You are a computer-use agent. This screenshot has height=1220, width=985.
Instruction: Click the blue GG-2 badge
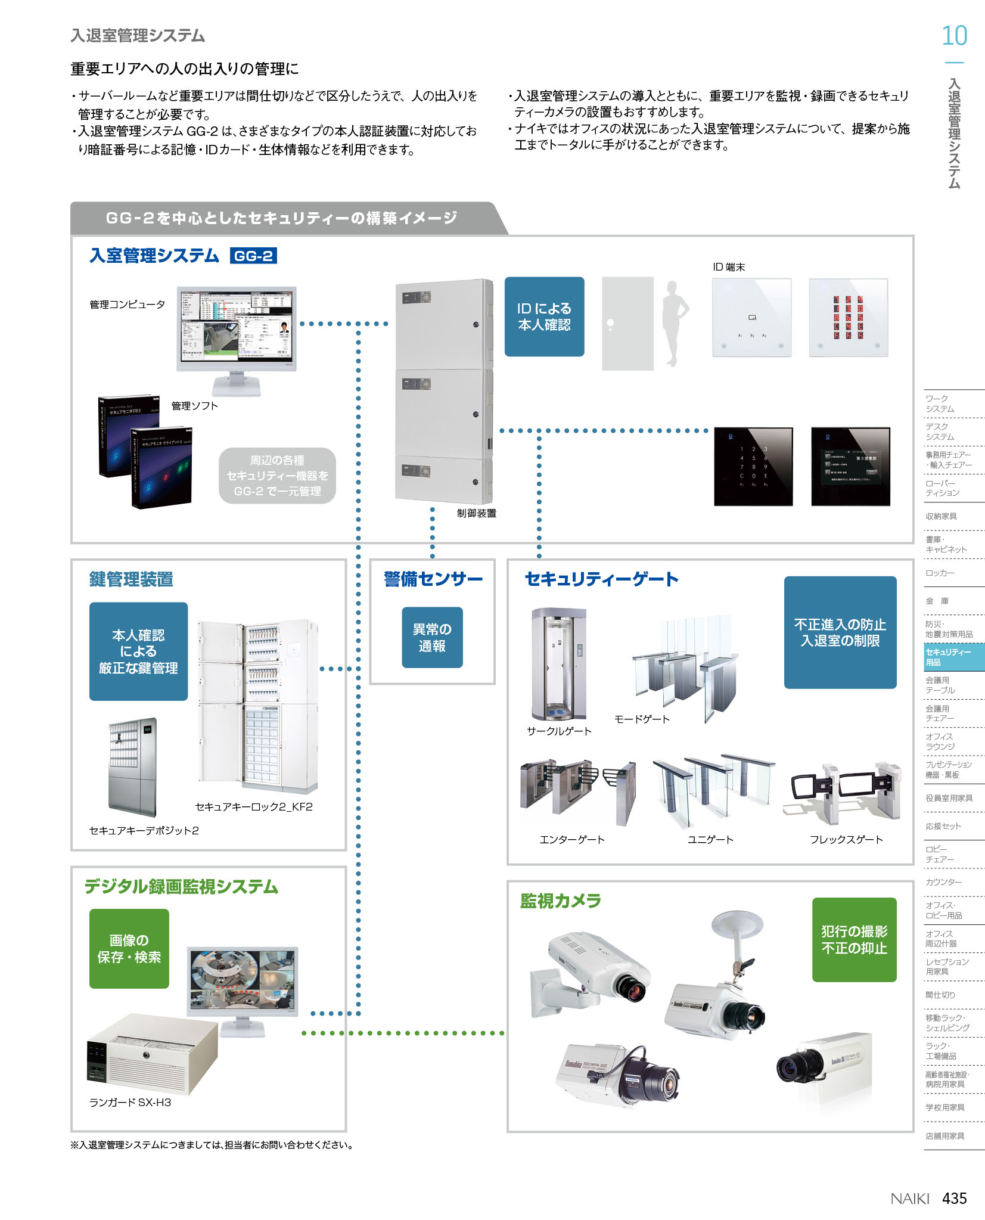pyautogui.click(x=253, y=256)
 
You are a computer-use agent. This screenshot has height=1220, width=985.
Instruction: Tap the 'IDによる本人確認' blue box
pyautogui.click(x=544, y=316)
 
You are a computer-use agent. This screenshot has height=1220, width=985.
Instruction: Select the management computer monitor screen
pyautogui.click(x=237, y=326)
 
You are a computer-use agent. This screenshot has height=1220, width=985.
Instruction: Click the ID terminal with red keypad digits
pyautogui.click(x=848, y=318)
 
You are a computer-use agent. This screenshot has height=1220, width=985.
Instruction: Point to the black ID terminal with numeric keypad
pyautogui.click(x=753, y=466)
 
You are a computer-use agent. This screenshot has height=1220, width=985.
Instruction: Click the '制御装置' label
pyautogui.click(x=476, y=513)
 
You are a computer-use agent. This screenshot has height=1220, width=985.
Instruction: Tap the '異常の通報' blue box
pyautogui.click(x=432, y=637)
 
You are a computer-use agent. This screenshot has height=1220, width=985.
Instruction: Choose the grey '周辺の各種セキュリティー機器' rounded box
pyautogui.click(x=277, y=476)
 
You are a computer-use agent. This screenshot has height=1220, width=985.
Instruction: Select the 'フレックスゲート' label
pyautogui.click(x=846, y=839)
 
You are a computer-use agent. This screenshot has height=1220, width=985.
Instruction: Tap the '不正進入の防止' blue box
pyautogui.click(x=840, y=632)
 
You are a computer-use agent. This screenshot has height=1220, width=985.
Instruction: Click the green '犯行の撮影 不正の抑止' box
pyautogui.click(x=854, y=939)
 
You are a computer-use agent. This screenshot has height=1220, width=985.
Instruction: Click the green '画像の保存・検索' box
pyautogui.click(x=129, y=948)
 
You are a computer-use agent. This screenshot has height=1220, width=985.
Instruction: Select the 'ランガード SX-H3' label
pyautogui.click(x=130, y=1103)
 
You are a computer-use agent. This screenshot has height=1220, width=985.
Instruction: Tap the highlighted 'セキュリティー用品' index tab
pyautogui.click(x=953, y=657)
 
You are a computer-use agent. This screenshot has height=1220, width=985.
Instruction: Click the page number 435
pyautogui.click(x=954, y=1198)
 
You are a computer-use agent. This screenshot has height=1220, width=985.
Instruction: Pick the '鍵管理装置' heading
pyautogui.click(x=131, y=579)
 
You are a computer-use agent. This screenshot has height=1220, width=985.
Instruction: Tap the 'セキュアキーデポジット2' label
pyautogui.click(x=144, y=830)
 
